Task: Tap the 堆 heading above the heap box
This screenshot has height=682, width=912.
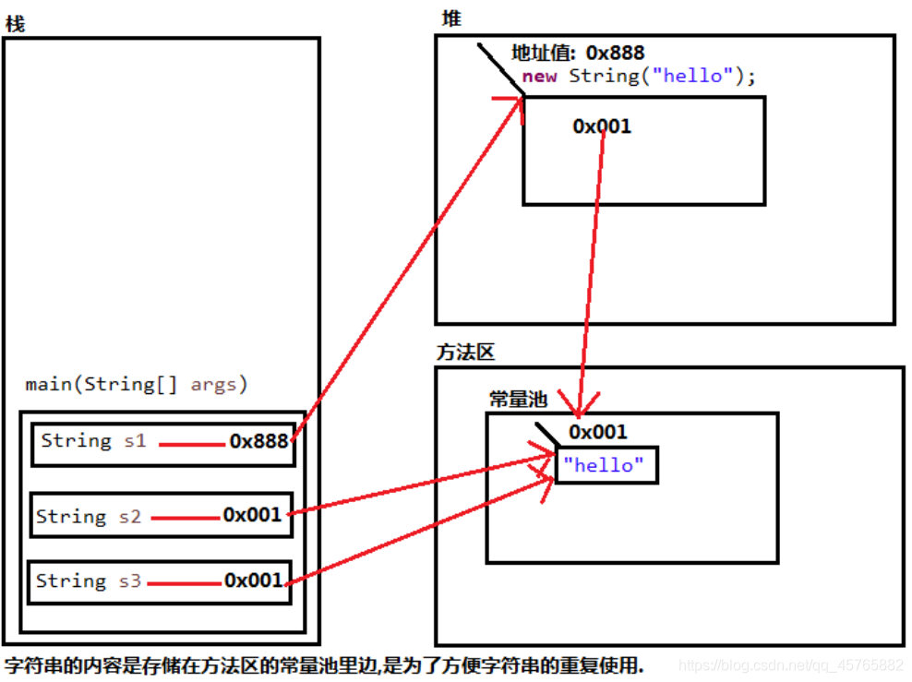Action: [452, 19]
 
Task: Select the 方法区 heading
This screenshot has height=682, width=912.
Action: [466, 352]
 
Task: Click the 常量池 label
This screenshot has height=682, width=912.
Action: [518, 400]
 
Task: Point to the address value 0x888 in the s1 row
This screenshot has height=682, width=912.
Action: [259, 441]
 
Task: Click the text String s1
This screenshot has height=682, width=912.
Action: [93, 440]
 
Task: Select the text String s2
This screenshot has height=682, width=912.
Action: [89, 517]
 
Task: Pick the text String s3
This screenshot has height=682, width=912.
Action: [89, 581]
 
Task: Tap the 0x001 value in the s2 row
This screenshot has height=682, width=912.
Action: [252, 515]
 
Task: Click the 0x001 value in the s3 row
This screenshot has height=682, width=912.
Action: [253, 580]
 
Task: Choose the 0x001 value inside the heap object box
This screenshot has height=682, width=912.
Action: [602, 126]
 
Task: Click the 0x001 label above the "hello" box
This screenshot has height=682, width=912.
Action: [598, 432]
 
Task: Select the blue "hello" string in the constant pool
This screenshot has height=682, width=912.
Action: [605, 465]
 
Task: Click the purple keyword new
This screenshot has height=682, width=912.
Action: [539, 76]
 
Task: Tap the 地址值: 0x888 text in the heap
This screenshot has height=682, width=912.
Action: [578, 54]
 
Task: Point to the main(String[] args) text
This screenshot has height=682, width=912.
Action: [137, 385]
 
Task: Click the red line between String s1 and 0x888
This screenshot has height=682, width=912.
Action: [191, 445]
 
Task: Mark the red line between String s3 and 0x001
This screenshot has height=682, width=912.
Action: [184, 583]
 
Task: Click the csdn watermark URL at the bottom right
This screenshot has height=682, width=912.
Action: [790, 664]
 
